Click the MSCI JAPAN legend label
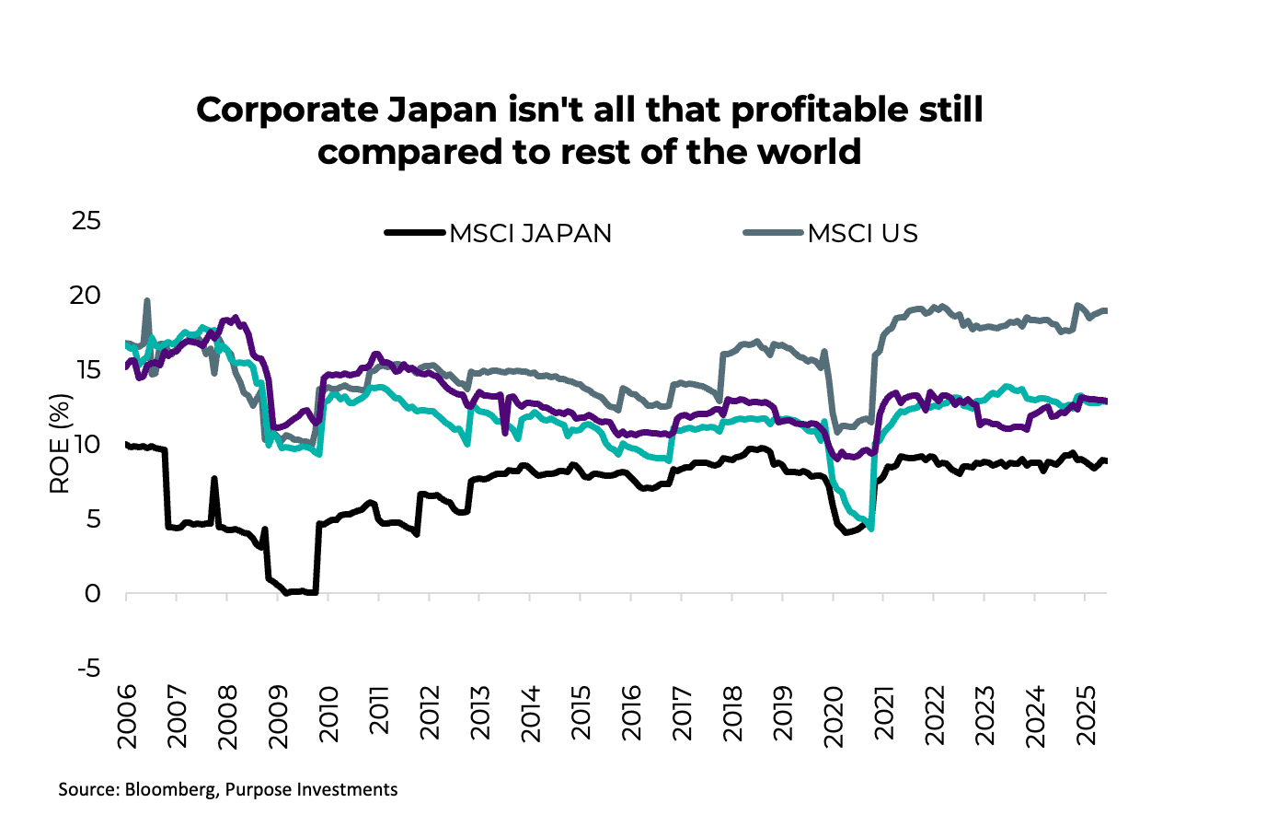[530, 234]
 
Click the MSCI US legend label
[862, 234]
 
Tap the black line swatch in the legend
[415, 233]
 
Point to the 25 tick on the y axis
[86, 221]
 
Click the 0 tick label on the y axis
[92, 594]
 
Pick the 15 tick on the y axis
[86, 370]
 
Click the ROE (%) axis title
[60, 444]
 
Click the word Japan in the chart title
[440, 111]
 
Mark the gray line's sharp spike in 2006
[147, 302]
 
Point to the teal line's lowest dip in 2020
[870, 528]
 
